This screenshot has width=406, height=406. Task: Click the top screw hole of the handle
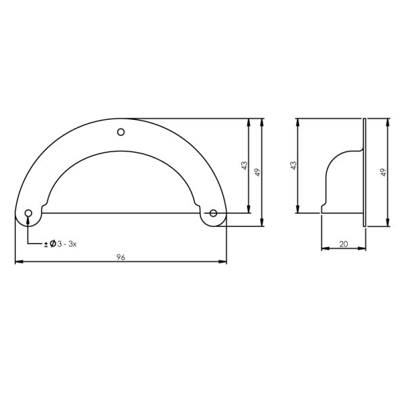[121, 132]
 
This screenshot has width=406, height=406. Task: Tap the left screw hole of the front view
[28, 214]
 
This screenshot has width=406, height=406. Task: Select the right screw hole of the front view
[213, 214]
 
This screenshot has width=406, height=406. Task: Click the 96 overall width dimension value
[121, 257]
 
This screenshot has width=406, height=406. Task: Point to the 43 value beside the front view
[244, 165]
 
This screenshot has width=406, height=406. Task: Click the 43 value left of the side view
[293, 165]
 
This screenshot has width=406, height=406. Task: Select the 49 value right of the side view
[383, 172]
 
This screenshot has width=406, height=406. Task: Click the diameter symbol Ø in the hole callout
[51, 243]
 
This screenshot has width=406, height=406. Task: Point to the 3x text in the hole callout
[73, 243]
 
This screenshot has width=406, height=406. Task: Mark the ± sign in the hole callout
[45, 243]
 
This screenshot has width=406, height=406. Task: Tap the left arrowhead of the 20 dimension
[323, 248]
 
